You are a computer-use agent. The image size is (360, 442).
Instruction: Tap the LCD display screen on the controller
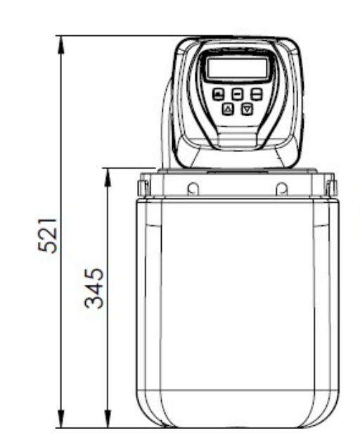pyautogui.click(x=237, y=69)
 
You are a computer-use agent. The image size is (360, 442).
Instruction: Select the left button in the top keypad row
pyautogui.click(x=219, y=94)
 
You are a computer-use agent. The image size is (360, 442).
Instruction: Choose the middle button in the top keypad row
pyautogui.click(x=238, y=94)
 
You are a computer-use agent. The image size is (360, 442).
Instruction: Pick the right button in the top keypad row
pyautogui.click(x=257, y=94)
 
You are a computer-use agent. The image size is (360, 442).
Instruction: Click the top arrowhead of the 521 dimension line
pyautogui.click(x=61, y=42)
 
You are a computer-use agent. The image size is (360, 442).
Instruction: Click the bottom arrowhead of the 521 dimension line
pyautogui.click(x=61, y=420)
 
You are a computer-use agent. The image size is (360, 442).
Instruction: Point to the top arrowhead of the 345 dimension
pyautogui.click(x=108, y=175)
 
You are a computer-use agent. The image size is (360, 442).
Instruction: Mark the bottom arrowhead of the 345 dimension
pyautogui.click(x=108, y=420)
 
